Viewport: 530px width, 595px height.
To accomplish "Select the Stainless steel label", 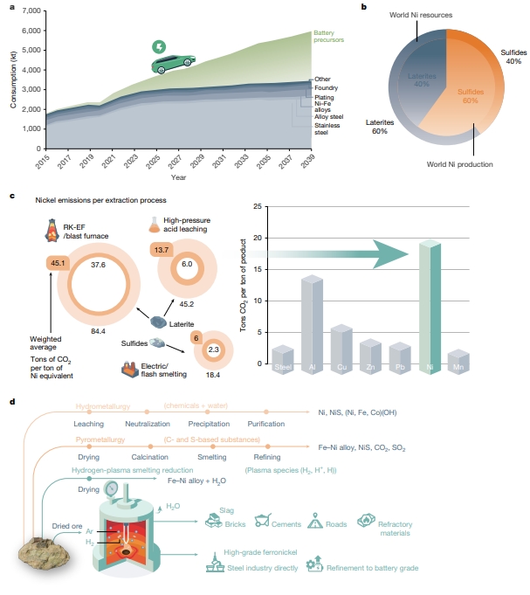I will coord(327,128).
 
